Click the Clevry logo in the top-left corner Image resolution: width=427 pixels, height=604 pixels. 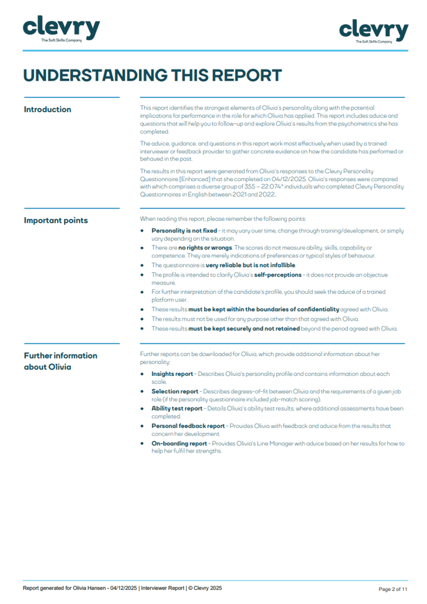(x=61, y=30)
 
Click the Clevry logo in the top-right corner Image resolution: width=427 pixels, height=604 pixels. (x=373, y=31)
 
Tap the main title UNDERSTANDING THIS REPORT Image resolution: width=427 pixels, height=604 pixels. (x=152, y=76)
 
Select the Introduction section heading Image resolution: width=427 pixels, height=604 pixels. (x=47, y=110)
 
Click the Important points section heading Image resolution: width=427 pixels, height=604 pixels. (x=56, y=221)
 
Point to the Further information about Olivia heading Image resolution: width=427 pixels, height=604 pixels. (x=60, y=361)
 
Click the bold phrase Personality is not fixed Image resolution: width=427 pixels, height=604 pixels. (x=184, y=231)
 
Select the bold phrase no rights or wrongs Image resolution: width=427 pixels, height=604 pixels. (x=205, y=247)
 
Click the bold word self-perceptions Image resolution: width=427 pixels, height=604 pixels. (x=278, y=274)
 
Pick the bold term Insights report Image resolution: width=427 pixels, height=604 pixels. (x=172, y=374)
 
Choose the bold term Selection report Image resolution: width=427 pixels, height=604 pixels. (x=175, y=391)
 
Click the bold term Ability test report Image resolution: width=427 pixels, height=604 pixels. (x=177, y=409)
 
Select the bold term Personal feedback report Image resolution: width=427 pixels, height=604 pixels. (x=188, y=426)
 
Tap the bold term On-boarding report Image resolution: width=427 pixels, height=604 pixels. (x=179, y=443)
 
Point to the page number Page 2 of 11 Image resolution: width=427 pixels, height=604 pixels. (x=393, y=589)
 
